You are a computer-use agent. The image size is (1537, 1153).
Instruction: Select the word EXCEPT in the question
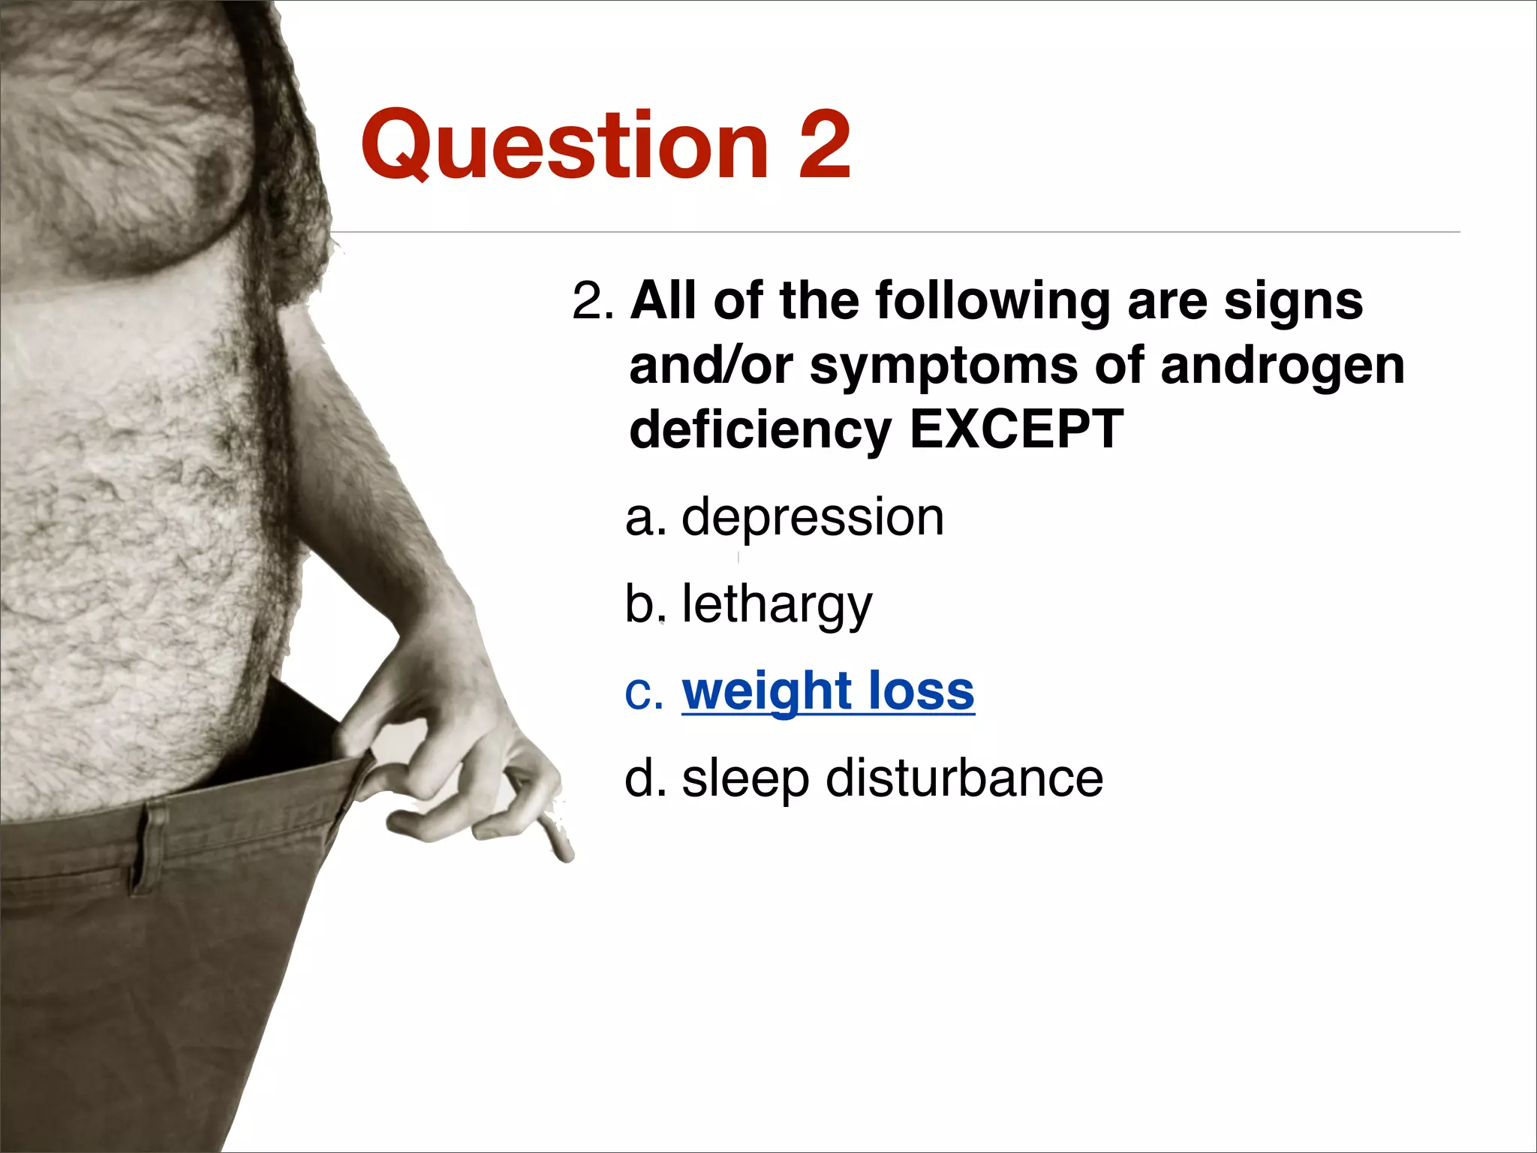pos(1016,429)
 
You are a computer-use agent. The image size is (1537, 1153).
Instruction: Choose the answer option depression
pos(812,519)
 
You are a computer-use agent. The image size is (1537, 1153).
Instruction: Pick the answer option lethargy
pos(777,605)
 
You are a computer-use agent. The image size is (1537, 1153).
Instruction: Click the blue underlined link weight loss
pos(828,691)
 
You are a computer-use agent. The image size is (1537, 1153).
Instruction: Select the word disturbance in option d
pos(964,778)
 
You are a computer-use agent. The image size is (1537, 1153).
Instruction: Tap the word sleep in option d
pos(745,779)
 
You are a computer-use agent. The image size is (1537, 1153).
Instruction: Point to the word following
pos(992,302)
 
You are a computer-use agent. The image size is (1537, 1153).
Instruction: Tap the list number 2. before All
pos(593,302)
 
